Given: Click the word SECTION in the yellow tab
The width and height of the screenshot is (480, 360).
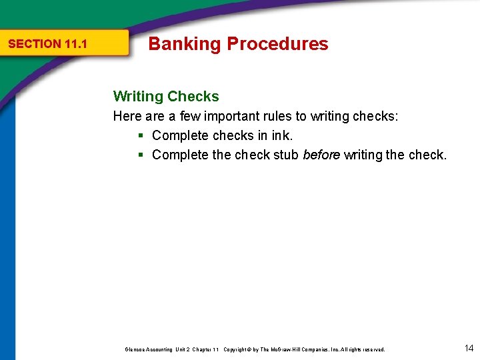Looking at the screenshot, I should (x=35, y=44).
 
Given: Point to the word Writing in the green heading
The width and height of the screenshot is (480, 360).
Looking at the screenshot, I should (x=138, y=97).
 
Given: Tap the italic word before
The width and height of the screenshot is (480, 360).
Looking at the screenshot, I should (x=321, y=155).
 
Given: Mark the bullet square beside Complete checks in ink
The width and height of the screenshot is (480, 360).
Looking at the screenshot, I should (x=141, y=136).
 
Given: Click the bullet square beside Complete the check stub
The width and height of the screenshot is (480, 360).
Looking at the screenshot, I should (x=141, y=155).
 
